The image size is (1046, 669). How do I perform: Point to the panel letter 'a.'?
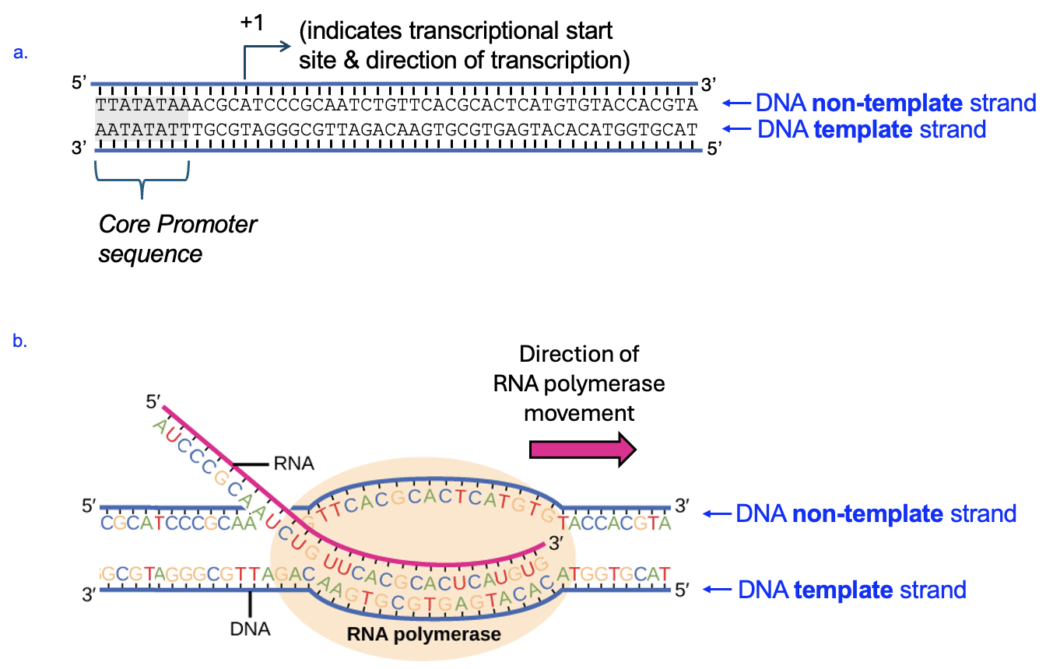tap(22, 53)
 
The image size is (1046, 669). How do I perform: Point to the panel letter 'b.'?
tap(22, 340)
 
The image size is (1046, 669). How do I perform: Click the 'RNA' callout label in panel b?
tap(293, 464)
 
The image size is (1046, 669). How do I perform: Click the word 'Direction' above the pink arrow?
tap(579, 354)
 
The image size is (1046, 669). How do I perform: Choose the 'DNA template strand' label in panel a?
tap(872, 129)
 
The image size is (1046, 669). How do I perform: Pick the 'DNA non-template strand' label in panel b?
tap(876, 513)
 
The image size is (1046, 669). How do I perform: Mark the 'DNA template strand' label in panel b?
tap(851, 590)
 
